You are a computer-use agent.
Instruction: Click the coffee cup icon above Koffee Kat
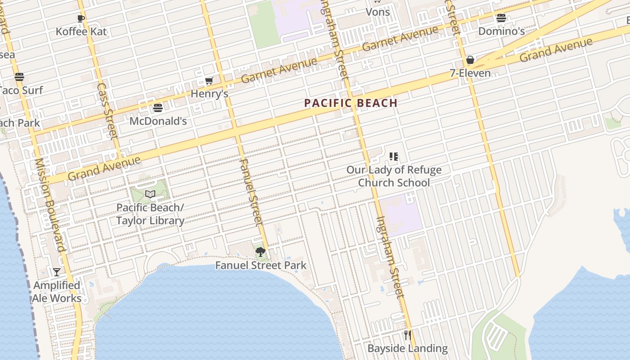coord(81,18)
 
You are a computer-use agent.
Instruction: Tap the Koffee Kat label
coord(81,31)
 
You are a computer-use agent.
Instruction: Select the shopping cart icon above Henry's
coord(209,81)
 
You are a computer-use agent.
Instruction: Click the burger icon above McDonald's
coord(157,108)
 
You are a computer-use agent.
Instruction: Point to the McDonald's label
coord(158,121)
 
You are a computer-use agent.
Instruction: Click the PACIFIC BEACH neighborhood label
coord(351,103)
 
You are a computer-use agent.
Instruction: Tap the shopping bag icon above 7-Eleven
coord(470,60)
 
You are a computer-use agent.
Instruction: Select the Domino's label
coord(501,31)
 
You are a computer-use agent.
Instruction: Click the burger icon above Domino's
coord(501,18)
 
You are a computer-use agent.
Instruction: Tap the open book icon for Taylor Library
coord(150,194)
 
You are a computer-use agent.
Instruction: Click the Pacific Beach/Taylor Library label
coord(150,214)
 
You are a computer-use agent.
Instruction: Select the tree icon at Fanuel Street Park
coord(260,252)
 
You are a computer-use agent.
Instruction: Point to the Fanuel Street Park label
coord(261,265)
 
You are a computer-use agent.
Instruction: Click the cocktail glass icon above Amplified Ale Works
coord(57,272)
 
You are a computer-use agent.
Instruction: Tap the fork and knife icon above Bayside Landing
coord(408,335)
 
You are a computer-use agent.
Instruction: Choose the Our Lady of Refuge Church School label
coord(394,176)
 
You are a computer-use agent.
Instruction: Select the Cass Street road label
coord(107,111)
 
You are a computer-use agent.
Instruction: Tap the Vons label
coord(378,12)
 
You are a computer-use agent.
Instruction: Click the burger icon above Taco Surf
coord(19,77)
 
